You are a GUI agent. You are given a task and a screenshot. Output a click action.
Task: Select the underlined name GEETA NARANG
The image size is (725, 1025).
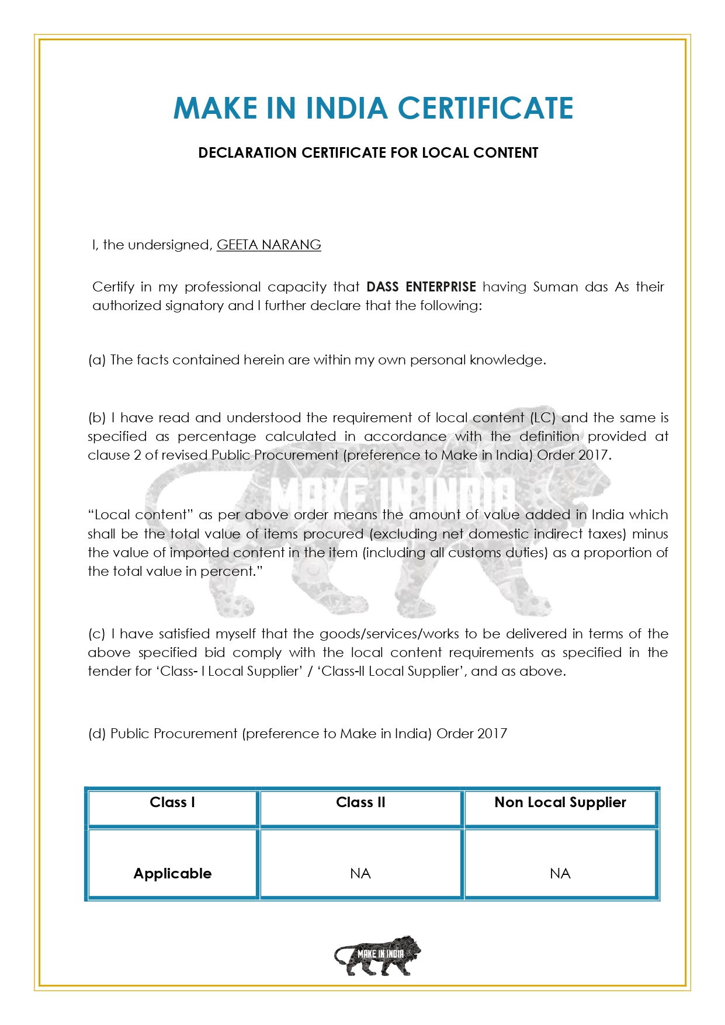click(269, 245)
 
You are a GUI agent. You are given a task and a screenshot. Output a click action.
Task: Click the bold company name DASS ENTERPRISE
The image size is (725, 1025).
click(421, 287)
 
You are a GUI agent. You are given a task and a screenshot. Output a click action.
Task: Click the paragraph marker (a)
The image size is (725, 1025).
click(96, 360)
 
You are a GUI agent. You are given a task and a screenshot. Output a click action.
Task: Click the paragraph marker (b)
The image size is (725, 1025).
click(96, 418)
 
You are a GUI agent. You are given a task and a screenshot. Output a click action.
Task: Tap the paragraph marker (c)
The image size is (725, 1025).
click(96, 634)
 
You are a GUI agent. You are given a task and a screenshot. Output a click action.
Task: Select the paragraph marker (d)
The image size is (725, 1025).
click(96, 734)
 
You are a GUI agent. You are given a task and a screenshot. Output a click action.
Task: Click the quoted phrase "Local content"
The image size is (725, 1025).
click(140, 515)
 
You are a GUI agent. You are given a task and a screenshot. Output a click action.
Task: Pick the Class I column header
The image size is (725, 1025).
click(172, 802)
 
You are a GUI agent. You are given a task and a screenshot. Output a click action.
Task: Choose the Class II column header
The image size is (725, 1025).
click(360, 802)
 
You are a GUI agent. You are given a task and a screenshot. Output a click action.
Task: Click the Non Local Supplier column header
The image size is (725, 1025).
click(560, 802)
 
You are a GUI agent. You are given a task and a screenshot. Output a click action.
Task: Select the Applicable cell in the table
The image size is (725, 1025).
click(172, 874)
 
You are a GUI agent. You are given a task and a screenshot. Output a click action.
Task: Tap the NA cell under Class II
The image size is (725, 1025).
click(360, 874)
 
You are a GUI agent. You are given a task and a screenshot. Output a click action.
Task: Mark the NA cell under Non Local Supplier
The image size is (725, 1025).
click(560, 874)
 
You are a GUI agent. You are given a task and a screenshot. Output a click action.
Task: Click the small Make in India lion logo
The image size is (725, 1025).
click(377, 955)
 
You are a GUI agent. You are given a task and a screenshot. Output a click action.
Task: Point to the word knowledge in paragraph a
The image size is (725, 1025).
click(506, 360)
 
